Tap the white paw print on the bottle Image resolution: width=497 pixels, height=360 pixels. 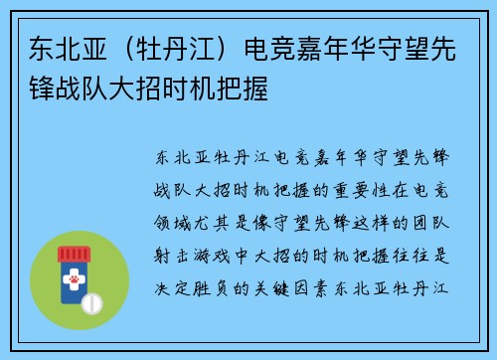click(74, 280)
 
